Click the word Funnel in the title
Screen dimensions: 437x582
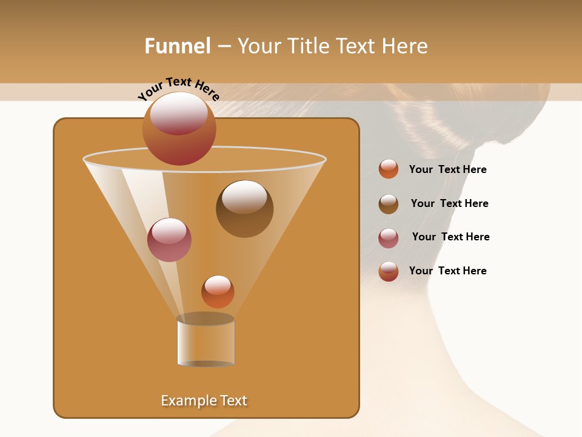177,46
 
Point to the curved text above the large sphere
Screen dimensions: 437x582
178,89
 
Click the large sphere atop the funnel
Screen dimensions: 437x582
179,128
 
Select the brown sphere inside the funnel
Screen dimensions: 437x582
244,209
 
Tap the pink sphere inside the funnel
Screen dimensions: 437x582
169,240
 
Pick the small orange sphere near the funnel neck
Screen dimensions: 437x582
218,292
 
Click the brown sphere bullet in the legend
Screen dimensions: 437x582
389,204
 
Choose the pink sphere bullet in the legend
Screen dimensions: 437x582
389,238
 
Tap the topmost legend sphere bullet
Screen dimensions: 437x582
389,169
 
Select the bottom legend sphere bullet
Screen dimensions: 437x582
389,271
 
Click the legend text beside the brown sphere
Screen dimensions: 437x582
449,203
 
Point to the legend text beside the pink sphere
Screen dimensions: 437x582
450,237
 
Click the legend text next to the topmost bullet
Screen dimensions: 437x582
447,169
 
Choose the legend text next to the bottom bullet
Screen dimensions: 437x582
447,271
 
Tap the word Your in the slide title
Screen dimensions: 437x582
258,46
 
